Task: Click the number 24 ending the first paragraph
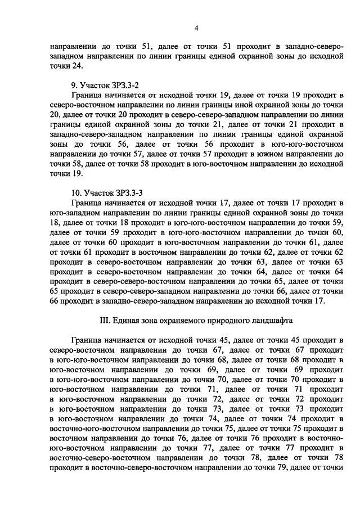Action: click(x=78, y=66)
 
